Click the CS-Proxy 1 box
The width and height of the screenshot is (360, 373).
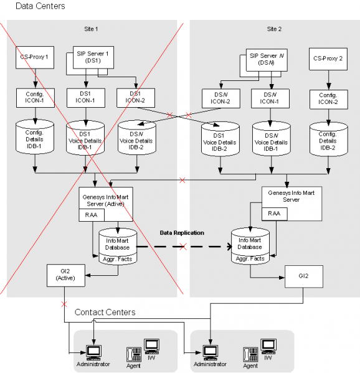tap(35, 57)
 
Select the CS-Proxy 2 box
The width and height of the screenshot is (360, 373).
tap(328, 59)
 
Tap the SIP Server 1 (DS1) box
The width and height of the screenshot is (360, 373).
tap(93, 57)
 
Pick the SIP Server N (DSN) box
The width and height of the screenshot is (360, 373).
tap(267, 60)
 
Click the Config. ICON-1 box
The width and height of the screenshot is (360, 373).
tap(36, 98)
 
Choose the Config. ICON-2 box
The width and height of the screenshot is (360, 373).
tap(329, 100)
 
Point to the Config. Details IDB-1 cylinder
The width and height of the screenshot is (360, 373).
tap(35, 136)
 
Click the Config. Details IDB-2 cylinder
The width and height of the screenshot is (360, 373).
tap(329, 139)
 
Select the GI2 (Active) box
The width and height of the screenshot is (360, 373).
tap(65, 275)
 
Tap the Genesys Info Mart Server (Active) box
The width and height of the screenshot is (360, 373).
tap(106, 204)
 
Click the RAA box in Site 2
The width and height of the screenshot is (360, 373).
tap(274, 214)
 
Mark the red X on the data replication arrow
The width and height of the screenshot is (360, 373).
tap(182, 246)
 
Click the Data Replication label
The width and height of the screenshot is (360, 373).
tap(182, 233)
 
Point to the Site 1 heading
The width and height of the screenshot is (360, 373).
tap(91, 29)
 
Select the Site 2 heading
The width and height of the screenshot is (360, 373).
tap(274, 29)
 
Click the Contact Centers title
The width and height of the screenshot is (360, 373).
tap(105, 312)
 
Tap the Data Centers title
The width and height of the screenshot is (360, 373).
tap(40, 6)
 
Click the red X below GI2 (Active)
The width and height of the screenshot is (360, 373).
tap(64, 305)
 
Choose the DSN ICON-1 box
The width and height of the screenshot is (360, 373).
tap(270, 99)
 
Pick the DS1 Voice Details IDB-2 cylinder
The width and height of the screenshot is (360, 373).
tap(220, 139)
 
